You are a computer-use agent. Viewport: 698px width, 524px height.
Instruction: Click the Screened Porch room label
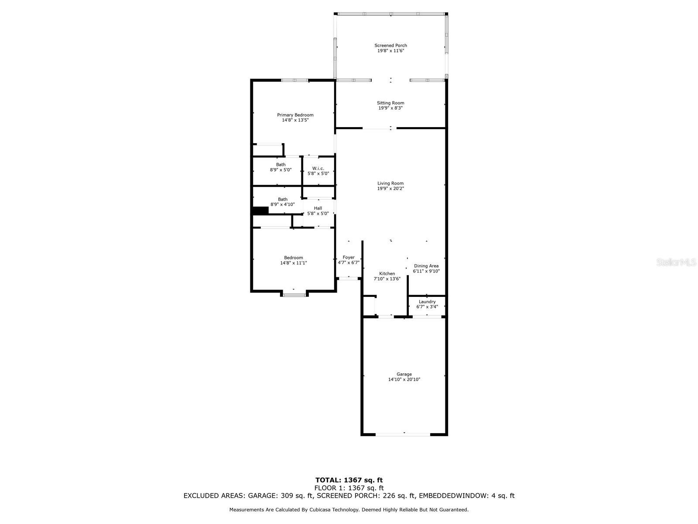(390, 45)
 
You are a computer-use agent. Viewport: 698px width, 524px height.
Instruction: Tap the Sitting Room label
(390, 103)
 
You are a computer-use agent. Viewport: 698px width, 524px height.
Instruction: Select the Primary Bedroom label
(295, 115)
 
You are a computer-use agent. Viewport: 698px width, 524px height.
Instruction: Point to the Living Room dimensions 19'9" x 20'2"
(390, 188)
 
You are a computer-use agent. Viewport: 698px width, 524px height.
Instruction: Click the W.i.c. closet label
(318, 168)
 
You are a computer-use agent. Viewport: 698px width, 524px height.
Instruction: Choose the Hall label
(318, 208)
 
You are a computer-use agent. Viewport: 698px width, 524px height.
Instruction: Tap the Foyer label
(349, 257)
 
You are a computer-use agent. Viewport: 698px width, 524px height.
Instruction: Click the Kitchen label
(387, 274)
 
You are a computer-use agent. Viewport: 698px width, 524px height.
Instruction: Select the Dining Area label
(426, 266)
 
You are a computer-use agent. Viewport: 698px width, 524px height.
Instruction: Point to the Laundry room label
(427, 302)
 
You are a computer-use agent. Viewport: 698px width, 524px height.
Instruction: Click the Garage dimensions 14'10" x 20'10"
(404, 379)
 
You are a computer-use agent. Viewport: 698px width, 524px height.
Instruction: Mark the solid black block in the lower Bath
(260, 210)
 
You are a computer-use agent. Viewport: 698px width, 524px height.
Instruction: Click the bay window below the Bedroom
(294, 295)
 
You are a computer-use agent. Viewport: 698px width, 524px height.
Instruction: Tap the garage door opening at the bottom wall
(403, 434)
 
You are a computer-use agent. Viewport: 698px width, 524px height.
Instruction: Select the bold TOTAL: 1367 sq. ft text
(349, 480)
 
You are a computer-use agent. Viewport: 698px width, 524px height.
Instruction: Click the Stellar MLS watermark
(676, 262)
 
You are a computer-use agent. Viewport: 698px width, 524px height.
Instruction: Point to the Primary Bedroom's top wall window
(295, 80)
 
